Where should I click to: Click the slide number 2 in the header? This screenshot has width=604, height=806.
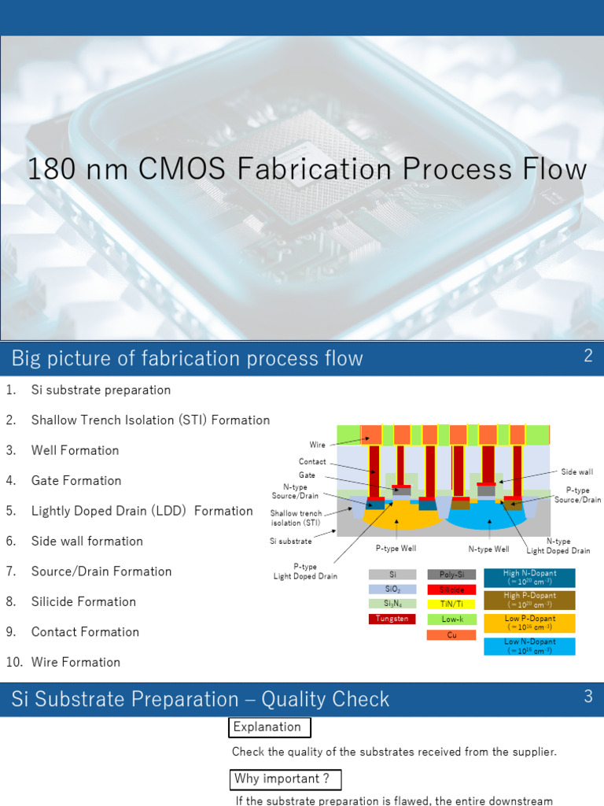coord(587,356)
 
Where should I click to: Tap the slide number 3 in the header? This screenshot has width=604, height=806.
coord(587,697)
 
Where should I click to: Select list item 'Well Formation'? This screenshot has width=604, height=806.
coord(75,450)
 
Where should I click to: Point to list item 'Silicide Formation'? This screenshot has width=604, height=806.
coord(83,601)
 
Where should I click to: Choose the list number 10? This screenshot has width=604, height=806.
coord(13,662)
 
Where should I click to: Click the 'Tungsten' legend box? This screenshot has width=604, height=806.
coord(392,619)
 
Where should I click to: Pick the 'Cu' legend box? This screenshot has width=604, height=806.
coord(451,634)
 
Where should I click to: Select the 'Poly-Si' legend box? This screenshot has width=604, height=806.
coord(451,575)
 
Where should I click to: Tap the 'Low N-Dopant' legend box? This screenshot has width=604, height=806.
coord(529,646)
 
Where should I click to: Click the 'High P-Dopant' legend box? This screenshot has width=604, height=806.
coord(529,601)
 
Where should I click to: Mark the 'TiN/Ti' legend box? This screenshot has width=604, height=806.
coord(451,604)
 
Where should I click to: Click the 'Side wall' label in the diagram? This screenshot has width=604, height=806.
coord(576,472)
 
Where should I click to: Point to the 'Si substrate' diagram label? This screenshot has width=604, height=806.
coord(290,541)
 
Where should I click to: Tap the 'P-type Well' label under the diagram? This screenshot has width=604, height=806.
coord(396,549)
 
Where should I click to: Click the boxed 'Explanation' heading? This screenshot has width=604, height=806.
coord(268,727)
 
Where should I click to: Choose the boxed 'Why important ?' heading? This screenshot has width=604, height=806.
coord(287,780)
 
